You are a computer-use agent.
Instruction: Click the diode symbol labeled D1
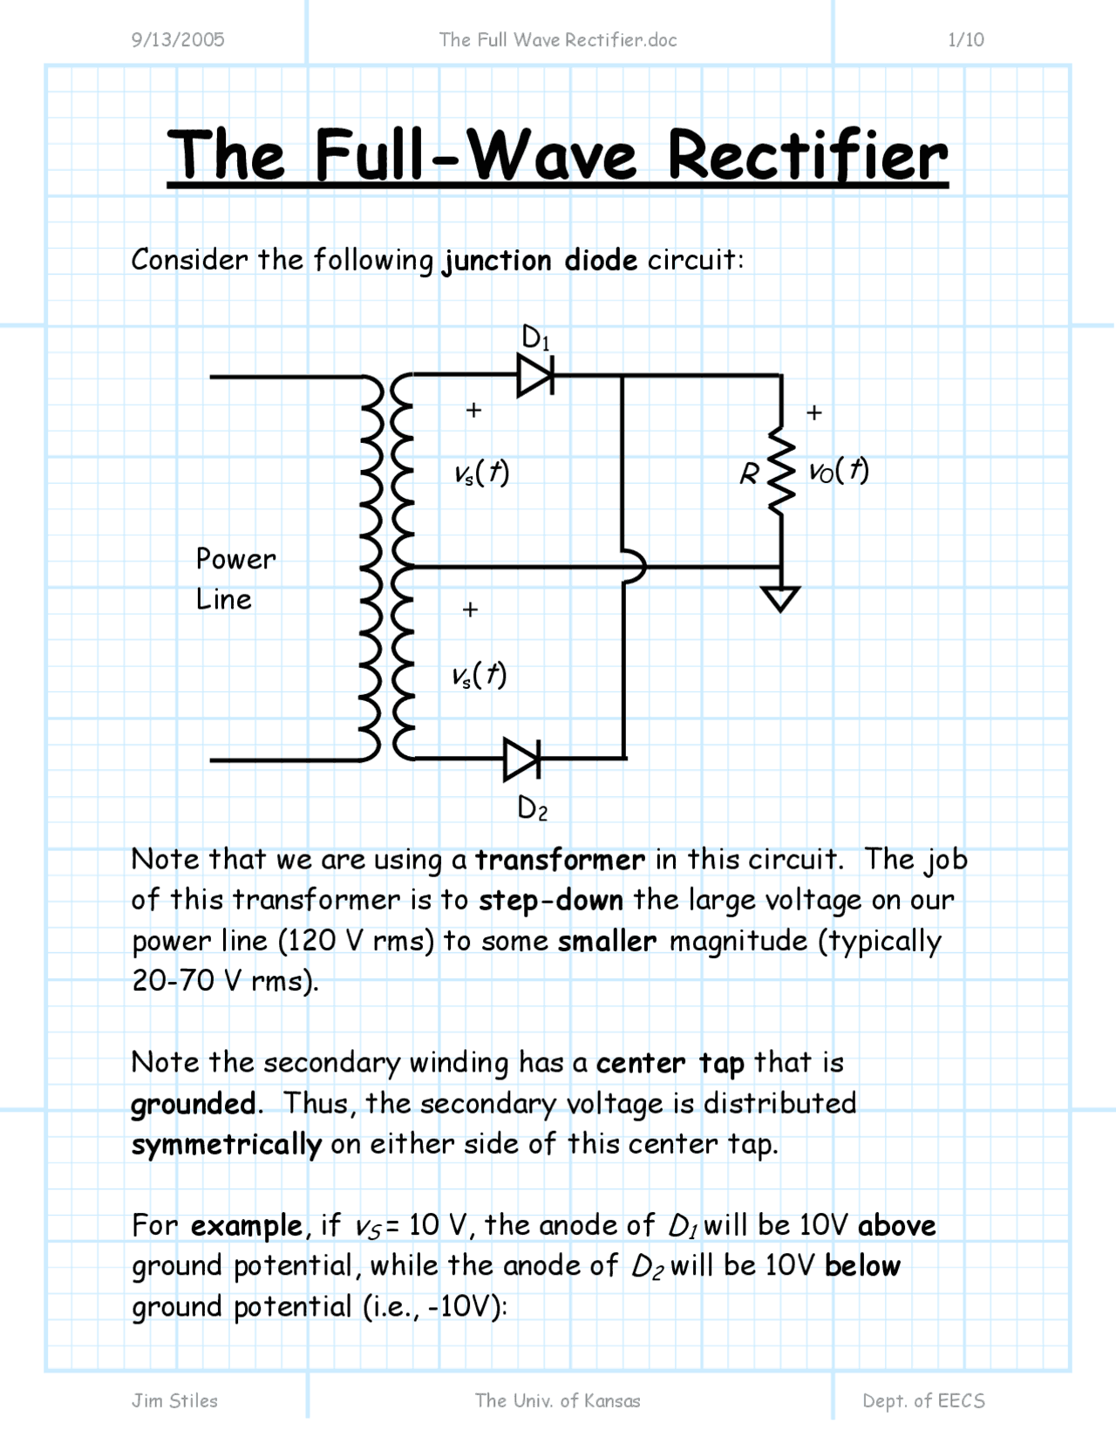(534, 376)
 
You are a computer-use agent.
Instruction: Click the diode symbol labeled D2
(521, 759)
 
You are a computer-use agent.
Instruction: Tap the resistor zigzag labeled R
(782, 473)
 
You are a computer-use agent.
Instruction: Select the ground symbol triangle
(780, 599)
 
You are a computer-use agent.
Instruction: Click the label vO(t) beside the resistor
(839, 471)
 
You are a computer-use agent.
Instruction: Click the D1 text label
(535, 337)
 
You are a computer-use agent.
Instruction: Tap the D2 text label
(532, 808)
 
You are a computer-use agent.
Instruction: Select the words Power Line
(235, 579)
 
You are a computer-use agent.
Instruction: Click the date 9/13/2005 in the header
(178, 39)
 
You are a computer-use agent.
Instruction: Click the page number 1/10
(965, 39)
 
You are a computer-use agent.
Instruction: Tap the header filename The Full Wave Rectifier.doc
(558, 39)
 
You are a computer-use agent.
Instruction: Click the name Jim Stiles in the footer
(174, 1400)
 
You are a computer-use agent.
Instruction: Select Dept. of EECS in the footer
(923, 1400)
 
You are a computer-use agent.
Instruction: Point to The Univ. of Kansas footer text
(557, 1400)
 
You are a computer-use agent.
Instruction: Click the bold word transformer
(560, 860)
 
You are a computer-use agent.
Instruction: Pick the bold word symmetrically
(226, 1144)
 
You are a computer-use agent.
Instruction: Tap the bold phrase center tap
(670, 1063)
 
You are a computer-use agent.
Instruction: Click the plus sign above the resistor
(814, 412)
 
